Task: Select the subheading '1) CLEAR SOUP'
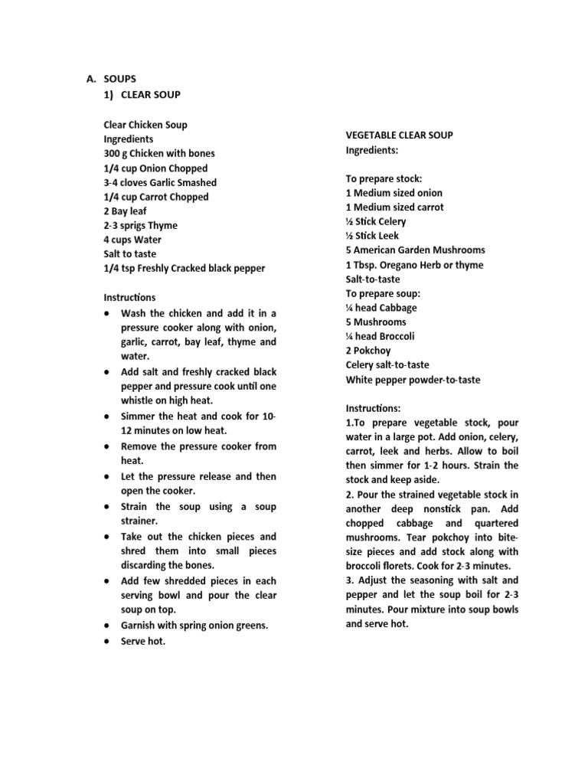[142, 95]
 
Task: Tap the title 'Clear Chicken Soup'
[145, 125]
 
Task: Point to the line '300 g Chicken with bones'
[159, 154]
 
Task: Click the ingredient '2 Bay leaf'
[125, 211]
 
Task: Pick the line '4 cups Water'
[132, 240]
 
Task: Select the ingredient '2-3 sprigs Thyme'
[140, 226]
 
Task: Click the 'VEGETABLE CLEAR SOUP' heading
[399, 136]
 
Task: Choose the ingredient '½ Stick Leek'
[372, 236]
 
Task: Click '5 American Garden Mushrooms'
[415, 250]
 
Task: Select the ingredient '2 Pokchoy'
[368, 351]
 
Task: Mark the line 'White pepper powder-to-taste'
[413, 380]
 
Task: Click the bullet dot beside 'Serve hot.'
[106, 642]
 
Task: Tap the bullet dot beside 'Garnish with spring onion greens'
[106, 626]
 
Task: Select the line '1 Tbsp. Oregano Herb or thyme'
[414, 265]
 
